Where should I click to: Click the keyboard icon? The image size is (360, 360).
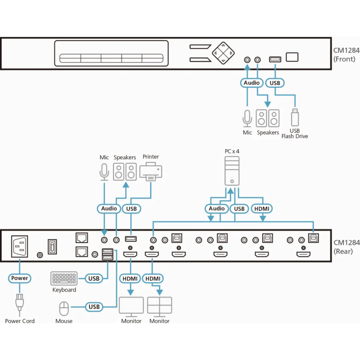64,279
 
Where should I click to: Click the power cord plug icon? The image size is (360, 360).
19,302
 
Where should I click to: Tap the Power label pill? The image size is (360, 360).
19,278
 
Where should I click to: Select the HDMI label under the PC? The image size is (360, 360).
263,208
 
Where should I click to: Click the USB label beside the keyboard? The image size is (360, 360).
94,279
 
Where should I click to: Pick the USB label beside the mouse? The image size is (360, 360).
94,307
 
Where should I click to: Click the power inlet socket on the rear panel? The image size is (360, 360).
20,246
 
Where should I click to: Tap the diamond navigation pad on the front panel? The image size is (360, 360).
224,54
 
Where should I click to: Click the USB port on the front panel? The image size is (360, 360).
274,59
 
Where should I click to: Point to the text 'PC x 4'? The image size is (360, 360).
232,152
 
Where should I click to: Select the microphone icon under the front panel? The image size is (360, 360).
247,118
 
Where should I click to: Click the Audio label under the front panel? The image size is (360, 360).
252,83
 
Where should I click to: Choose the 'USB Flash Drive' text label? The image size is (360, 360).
295,134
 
